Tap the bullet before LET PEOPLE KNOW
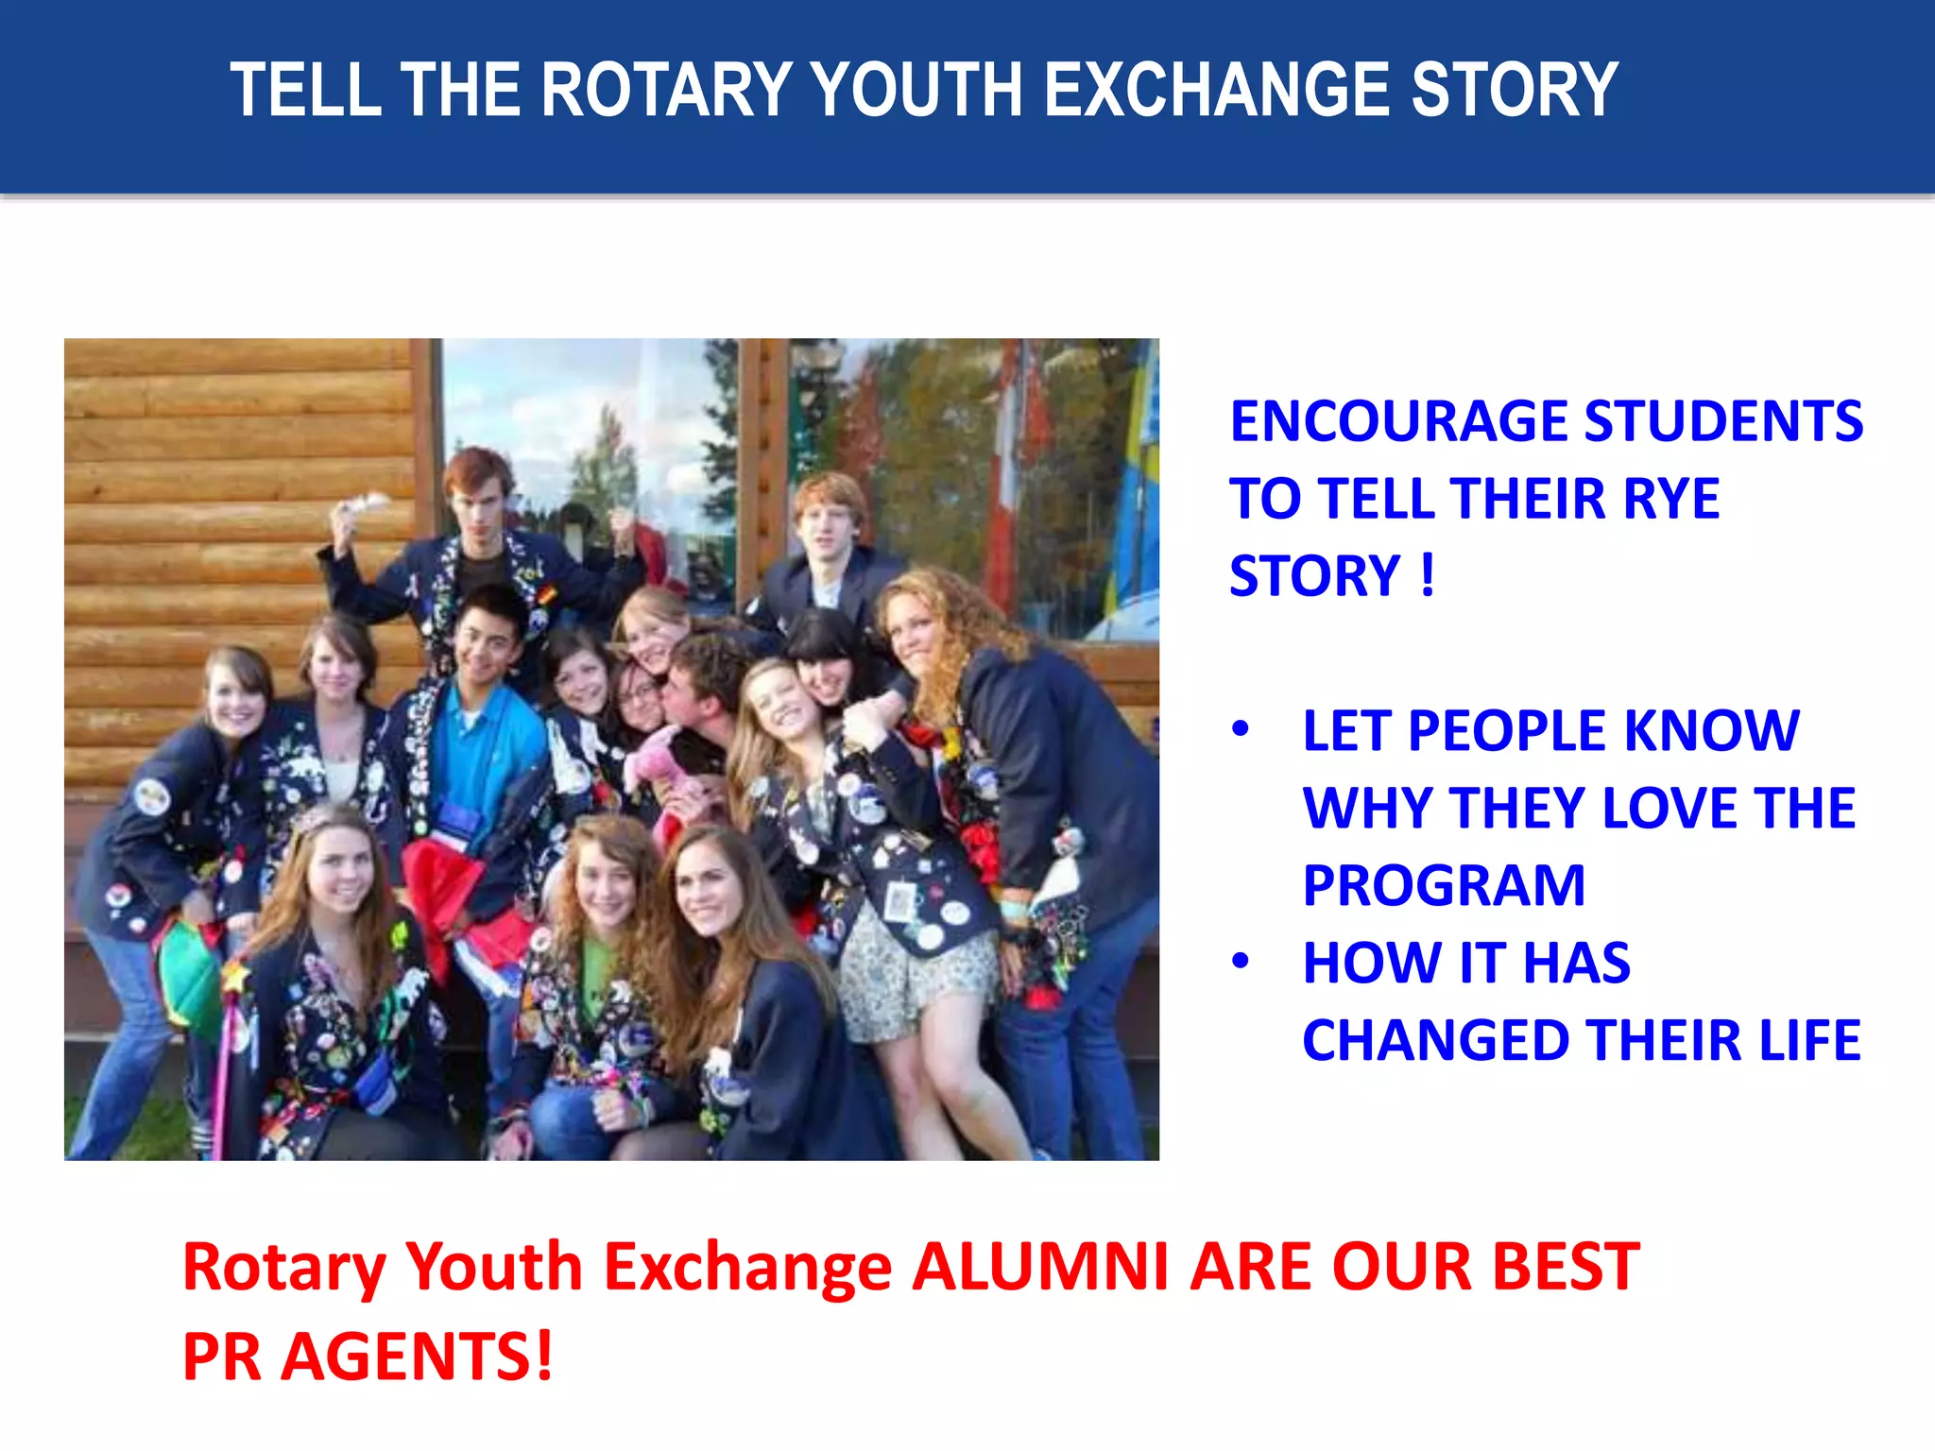coord(1241,729)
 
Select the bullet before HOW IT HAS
coord(1241,962)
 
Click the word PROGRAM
coord(1444,886)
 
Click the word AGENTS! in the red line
coord(416,1357)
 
